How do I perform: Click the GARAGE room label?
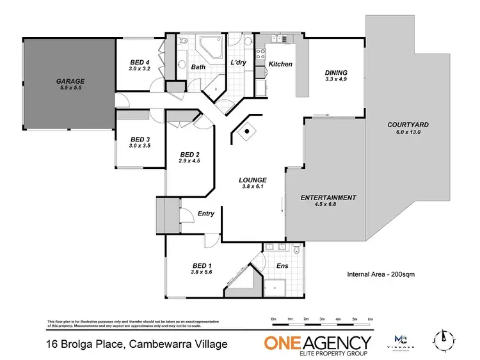(70, 82)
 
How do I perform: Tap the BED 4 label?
(139, 63)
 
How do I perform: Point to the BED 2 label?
(190, 155)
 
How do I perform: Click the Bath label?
(198, 67)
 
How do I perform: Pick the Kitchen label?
(280, 64)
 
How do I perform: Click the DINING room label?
(335, 73)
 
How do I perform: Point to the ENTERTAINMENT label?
(328, 198)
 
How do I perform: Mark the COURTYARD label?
(408, 124)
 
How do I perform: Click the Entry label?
(206, 214)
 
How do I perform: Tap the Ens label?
(282, 265)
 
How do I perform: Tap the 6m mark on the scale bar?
(371, 319)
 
